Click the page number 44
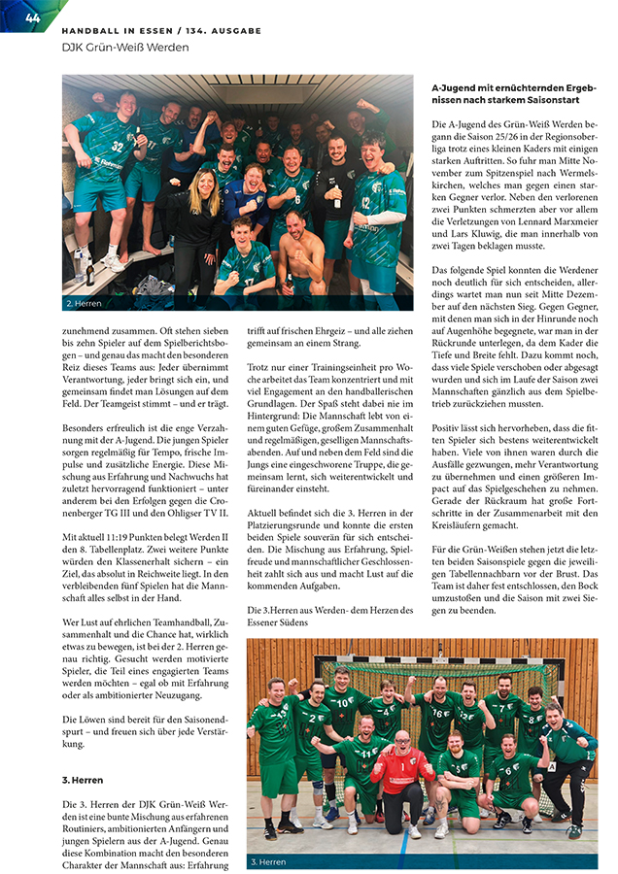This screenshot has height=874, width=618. (31, 17)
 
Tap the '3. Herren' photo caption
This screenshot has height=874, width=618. (269, 860)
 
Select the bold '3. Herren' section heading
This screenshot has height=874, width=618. (83, 780)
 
